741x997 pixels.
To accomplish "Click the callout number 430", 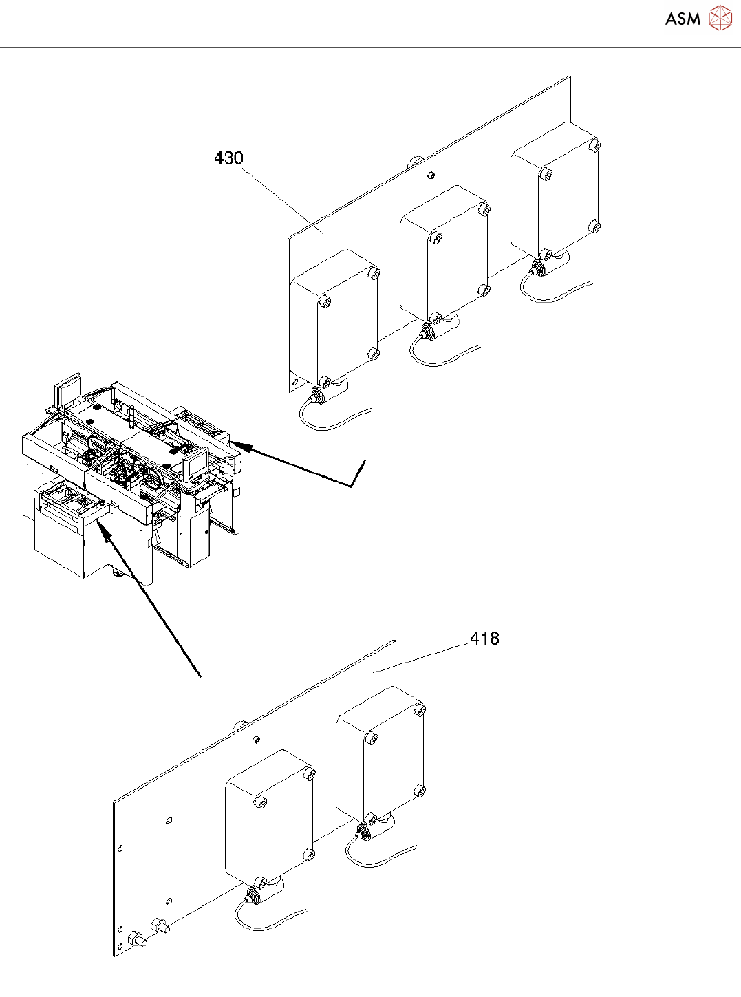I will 228,158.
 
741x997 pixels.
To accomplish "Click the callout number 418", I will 484,639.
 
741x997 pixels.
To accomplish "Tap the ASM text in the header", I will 683,19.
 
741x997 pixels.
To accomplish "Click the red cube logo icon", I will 720,18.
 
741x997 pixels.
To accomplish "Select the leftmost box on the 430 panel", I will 335,317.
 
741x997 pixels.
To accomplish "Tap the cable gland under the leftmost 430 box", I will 319,395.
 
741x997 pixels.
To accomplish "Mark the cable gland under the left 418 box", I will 253,895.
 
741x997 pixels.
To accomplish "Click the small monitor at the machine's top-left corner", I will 69,390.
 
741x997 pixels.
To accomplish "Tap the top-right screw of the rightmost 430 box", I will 595,144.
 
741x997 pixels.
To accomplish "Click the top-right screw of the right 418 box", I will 420,709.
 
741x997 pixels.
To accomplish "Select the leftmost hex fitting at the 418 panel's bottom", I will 135,940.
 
